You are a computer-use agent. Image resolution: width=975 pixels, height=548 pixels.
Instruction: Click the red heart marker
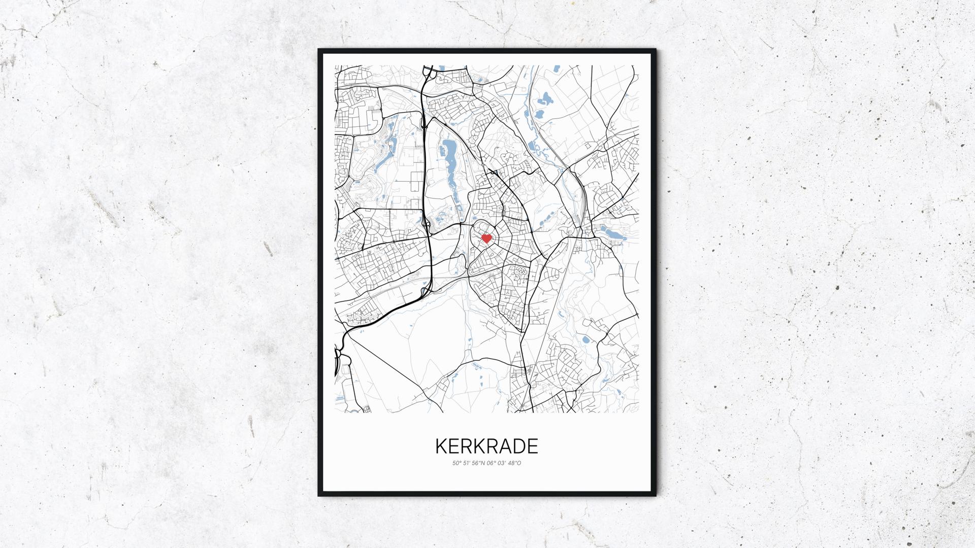tap(486, 238)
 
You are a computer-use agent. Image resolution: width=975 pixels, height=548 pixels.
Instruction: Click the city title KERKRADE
tap(486, 446)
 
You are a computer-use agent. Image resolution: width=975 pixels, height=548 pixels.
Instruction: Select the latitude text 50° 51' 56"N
tap(469, 463)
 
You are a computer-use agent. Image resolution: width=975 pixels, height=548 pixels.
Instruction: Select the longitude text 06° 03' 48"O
tap(504, 463)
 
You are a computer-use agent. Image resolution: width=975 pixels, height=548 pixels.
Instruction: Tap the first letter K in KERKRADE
tap(441, 446)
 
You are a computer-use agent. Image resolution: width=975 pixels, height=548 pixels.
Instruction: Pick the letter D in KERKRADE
tap(516, 446)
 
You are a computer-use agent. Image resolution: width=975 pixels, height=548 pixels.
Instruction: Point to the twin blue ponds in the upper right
tap(544, 104)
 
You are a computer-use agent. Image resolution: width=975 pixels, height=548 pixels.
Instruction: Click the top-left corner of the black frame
tap(319, 50)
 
